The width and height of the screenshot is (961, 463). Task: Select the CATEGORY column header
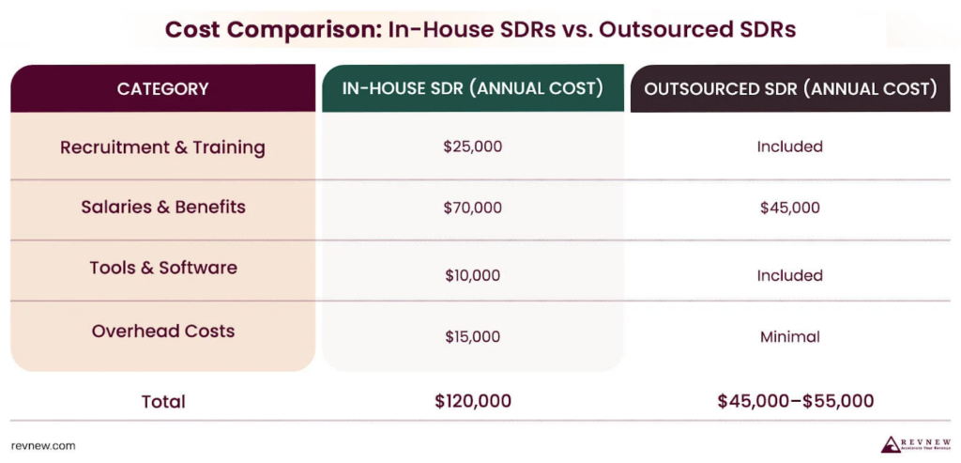[162, 89]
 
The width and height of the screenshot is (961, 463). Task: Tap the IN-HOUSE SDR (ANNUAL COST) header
[472, 89]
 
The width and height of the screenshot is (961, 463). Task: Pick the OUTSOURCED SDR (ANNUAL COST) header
[790, 89]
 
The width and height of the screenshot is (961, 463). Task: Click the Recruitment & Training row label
[162, 147]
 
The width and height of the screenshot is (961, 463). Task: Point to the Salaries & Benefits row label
[162, 208]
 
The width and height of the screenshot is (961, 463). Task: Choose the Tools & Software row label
[162, 268]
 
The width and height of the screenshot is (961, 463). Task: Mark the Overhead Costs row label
[162, 332]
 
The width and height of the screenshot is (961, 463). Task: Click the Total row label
[162, 402]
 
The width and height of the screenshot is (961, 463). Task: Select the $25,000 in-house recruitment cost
[472, 147]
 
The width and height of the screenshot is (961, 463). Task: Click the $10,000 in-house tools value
[472, 276]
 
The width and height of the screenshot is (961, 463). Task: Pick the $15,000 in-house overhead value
[472, 337]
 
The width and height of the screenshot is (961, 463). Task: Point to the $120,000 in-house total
[472, 402]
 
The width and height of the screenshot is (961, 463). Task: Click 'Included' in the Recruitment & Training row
[789, 147]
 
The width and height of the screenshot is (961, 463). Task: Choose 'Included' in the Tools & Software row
[789, 276]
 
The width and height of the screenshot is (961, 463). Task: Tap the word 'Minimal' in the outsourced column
[789, 337]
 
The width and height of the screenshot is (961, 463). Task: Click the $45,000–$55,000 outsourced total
[795, 402]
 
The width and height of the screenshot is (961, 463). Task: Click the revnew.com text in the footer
[43, 446]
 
